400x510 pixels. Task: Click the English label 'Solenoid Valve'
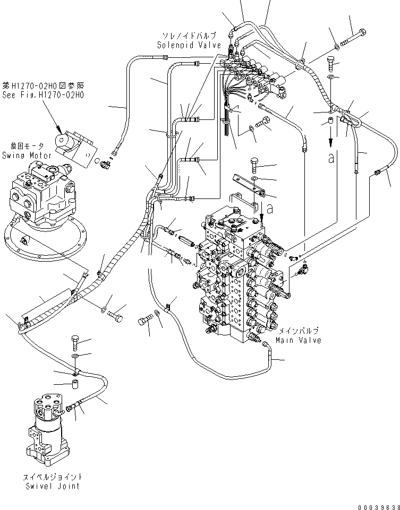189,45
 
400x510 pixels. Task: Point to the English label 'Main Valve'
298,340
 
